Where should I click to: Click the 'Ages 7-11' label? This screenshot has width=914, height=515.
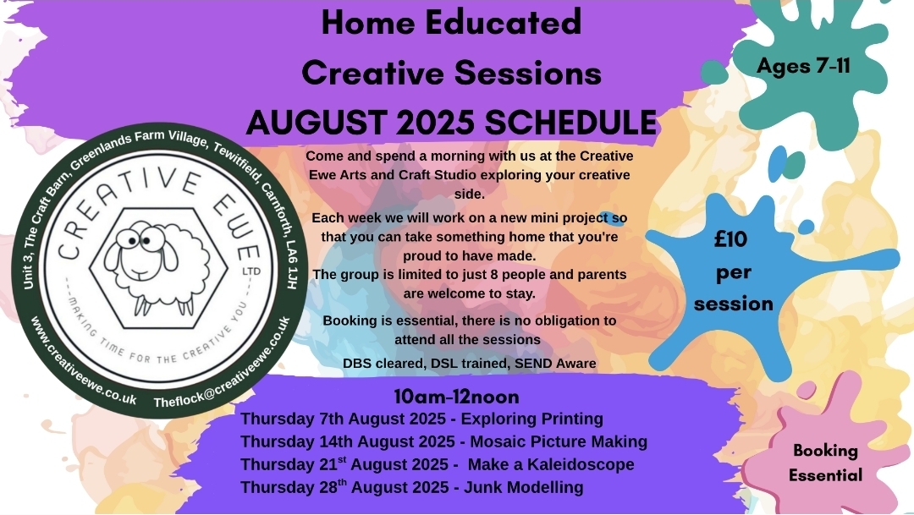(803, 66)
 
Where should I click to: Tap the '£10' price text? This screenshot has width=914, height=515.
(730, 238)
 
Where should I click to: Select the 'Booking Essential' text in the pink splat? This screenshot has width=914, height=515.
(825, 463)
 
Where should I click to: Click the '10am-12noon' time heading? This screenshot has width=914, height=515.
(456, 397)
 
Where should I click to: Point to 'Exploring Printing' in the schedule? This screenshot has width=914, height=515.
(532, 419)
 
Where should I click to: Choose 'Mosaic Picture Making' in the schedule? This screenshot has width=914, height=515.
(559, 441)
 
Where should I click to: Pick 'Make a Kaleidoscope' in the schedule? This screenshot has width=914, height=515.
(551, 464)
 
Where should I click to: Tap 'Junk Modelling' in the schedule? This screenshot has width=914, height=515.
(524, 487)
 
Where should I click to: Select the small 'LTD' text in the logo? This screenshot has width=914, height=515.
(251, 271)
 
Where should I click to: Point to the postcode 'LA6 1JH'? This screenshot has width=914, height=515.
(292, 264)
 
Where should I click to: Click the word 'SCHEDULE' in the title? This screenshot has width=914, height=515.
(570, 123)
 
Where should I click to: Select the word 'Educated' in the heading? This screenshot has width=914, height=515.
(503, 22)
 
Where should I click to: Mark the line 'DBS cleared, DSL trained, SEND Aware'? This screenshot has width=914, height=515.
(469, 364)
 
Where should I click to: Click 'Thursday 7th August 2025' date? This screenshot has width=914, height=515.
(348, 419)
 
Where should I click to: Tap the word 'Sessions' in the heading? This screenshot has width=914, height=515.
(527, 73)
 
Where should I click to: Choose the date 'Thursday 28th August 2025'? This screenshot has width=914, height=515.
(350, 487)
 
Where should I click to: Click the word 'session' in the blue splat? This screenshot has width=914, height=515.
(733, 304)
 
